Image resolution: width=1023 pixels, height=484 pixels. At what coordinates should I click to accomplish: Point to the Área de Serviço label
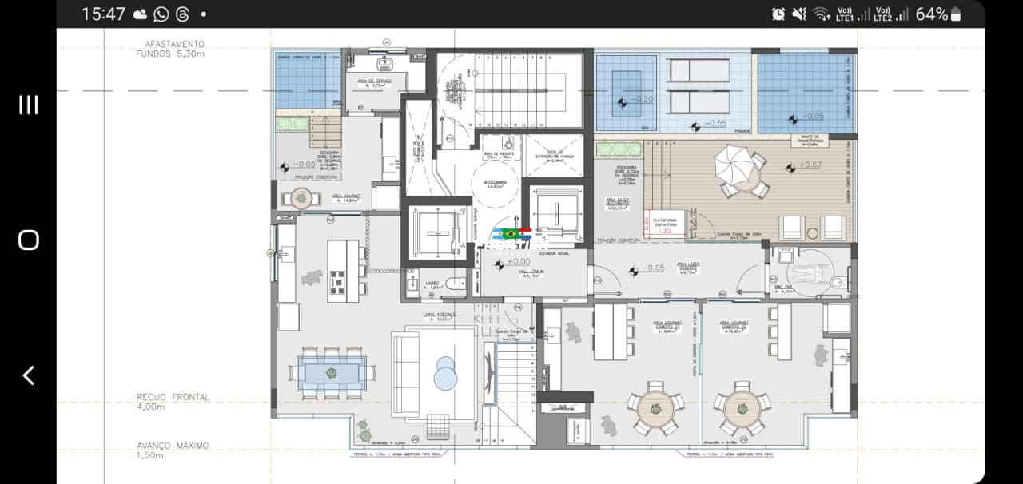[x=373, y=83]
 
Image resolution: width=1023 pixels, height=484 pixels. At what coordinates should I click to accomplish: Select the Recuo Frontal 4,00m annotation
[x=173, y=401]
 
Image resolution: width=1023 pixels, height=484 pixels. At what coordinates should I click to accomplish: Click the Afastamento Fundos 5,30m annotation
[x=170, y=49]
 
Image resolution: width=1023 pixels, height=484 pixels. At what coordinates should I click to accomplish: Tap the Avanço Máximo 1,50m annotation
[x=173, y=450]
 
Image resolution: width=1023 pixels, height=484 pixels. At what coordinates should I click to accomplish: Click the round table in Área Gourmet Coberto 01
[x=655, y=408]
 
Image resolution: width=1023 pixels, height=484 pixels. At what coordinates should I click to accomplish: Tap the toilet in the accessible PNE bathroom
[x=838, y=283]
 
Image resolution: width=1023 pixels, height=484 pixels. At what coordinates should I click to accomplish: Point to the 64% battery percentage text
[x=931, y=14]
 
